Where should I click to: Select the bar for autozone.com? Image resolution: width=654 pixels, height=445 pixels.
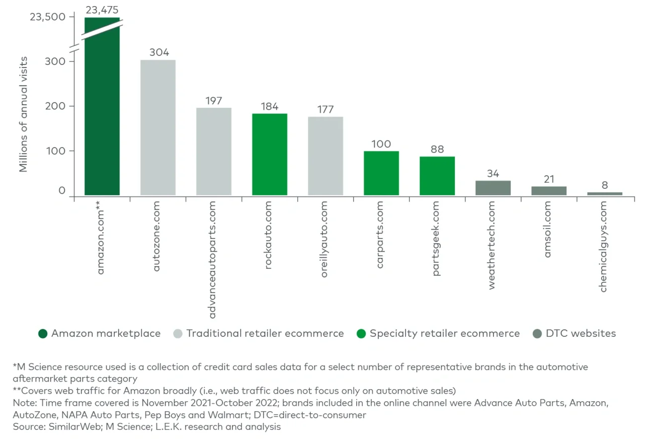158,128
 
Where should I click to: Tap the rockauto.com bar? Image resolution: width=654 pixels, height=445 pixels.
270,155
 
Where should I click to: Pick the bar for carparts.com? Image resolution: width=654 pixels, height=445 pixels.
381,173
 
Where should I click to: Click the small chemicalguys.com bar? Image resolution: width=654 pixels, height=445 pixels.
605,193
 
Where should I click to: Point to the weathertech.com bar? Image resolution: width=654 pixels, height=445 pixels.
493,188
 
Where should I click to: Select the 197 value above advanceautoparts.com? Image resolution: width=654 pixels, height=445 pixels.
214,101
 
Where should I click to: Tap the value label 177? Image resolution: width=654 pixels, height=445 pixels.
325,110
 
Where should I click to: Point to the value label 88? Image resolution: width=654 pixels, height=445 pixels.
437,150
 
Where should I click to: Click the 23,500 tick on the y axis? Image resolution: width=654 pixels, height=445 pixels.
48,17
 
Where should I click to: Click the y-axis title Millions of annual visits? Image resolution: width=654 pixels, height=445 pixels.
24,114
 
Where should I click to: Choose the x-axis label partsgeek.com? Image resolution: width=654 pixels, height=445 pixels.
436,238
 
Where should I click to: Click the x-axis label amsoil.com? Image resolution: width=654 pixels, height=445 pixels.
548,229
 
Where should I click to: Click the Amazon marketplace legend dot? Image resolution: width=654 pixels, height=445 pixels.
43,333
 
